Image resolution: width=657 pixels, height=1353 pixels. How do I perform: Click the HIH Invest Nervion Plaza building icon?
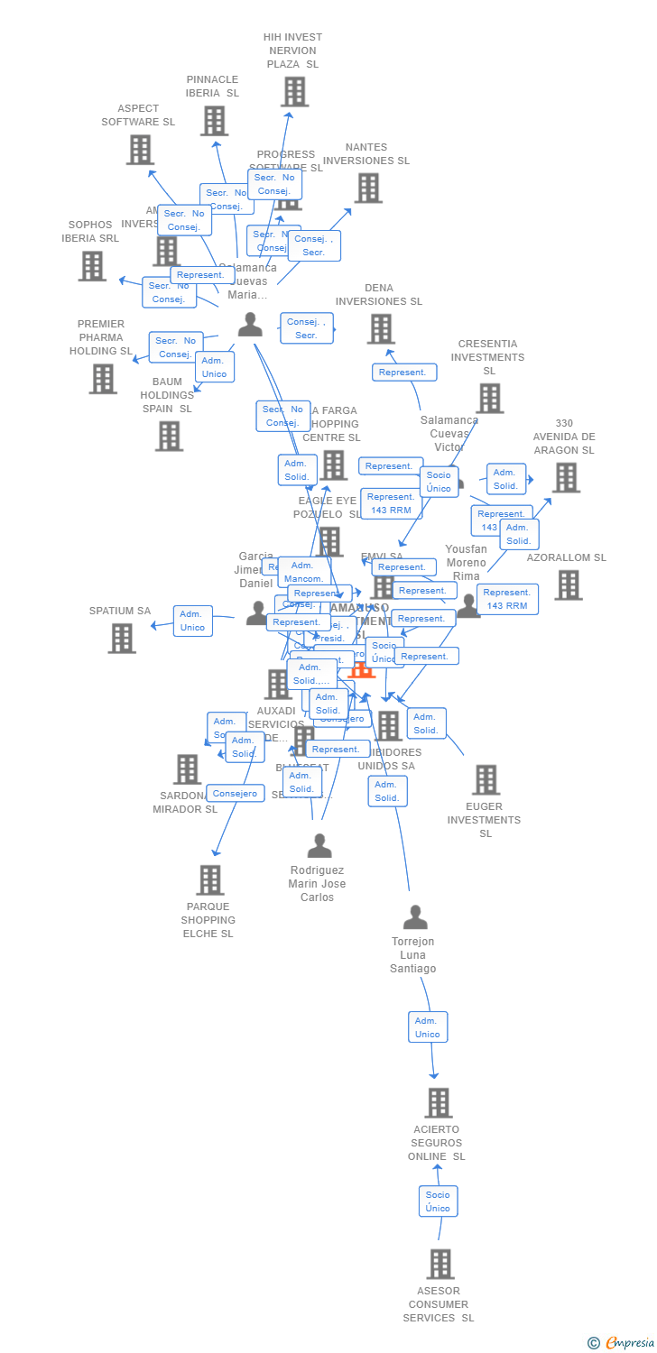coord(294,91)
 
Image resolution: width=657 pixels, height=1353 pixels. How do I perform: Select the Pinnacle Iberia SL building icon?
coord(214,120)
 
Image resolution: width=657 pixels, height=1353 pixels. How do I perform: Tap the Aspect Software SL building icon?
coord(140,149)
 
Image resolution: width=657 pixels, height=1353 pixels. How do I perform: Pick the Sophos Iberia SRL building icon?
coord(92,265)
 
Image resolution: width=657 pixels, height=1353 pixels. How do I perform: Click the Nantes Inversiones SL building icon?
coord(368,188)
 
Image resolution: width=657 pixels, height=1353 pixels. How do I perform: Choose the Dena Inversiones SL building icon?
coord(381,328)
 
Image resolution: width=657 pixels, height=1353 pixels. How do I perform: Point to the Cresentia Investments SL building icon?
coord(489,398)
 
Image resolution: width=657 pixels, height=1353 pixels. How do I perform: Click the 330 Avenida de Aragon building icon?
coord(566,477)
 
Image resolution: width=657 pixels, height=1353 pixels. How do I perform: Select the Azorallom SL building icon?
coord(569,584)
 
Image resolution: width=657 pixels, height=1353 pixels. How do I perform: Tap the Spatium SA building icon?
coord(122,638)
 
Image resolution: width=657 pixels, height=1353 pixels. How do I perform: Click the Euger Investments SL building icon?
coord(486,779)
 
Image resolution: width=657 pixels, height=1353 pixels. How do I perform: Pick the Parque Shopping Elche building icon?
coord(210,879)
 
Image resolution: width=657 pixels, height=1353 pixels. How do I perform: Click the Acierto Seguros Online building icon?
coord(439,1102)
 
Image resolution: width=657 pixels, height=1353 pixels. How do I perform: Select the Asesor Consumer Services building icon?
coord(440,1264)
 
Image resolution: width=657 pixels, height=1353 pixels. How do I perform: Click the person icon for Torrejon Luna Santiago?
coord(415,917)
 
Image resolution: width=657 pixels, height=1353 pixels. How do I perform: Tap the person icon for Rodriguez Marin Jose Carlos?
coord(319,846)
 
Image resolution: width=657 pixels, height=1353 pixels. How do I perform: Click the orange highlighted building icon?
coord(361,670)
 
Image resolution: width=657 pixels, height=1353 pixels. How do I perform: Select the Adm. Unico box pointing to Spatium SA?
coord(192,621)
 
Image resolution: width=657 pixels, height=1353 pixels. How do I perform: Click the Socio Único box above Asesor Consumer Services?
coord(438,1201)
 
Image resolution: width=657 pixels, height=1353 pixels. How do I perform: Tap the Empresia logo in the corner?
coord(621,1342)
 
